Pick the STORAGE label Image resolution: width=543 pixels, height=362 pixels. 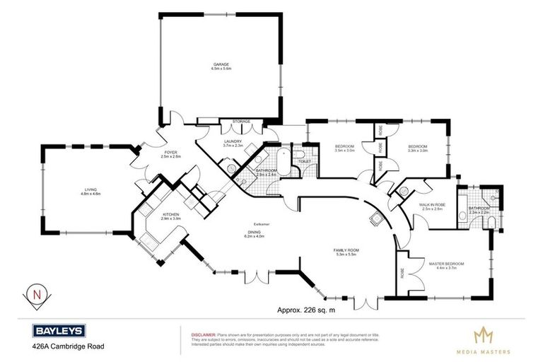point(242,122)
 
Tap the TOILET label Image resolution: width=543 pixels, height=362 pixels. point(305,162)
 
